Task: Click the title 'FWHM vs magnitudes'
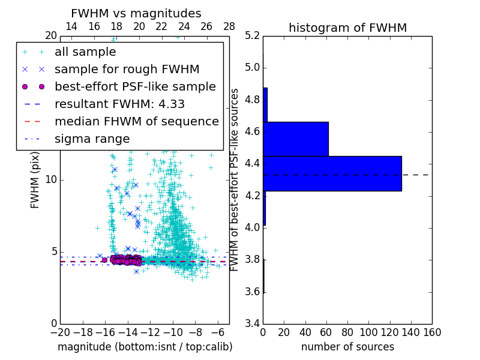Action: tap(136, 13)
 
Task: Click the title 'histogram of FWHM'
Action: tap(347, 28)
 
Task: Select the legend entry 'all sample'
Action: tap(85, 52)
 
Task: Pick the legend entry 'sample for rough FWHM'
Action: tap(127, 70)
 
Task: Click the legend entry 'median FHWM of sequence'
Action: tap(136, 122)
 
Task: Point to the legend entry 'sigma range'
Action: tap(92, 139)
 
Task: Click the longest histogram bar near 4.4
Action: tap(332, 173)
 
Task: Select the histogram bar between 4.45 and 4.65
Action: tap(295, 139)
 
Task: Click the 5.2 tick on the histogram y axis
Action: tap(253, 35)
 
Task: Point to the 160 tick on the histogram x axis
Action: tap(431, 332)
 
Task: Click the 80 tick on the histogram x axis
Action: tap(347, 332)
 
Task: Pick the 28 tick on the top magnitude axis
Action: tap(229, 26)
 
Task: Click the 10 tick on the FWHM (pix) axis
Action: tap(52, 180)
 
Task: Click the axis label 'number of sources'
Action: tap(347, 347)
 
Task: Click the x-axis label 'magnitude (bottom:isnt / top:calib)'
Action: tap(145, 347)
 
